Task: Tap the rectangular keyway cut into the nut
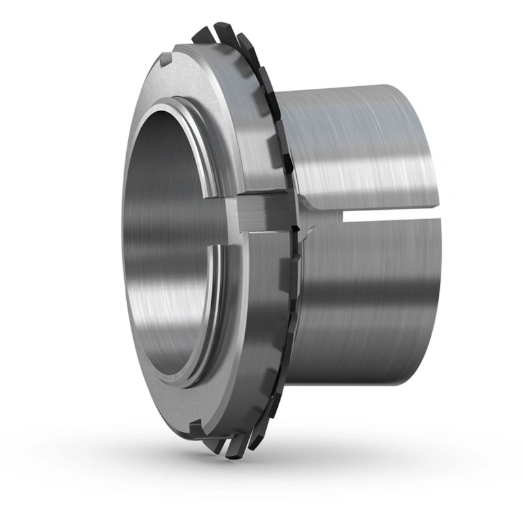(261, 212)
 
